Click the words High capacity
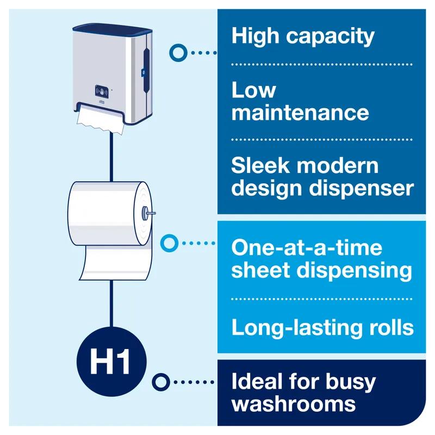(303, 36)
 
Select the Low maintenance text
(300, 102)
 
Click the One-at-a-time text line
(307, 248)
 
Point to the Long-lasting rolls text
(322, 327)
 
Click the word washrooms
(294, 403)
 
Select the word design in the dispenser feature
(260, 188)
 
